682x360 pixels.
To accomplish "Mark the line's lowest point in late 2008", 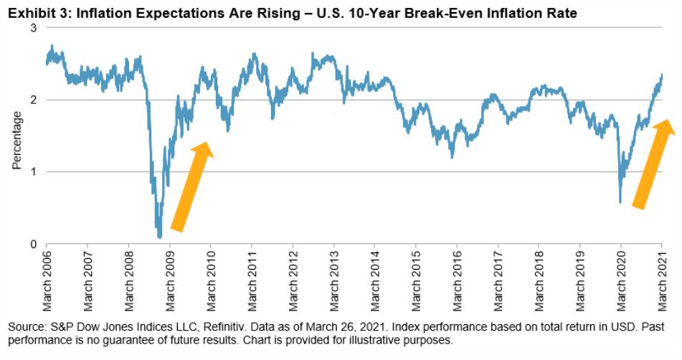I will (x=159, y=237).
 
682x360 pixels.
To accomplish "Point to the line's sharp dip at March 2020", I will (x=620, y=202).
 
